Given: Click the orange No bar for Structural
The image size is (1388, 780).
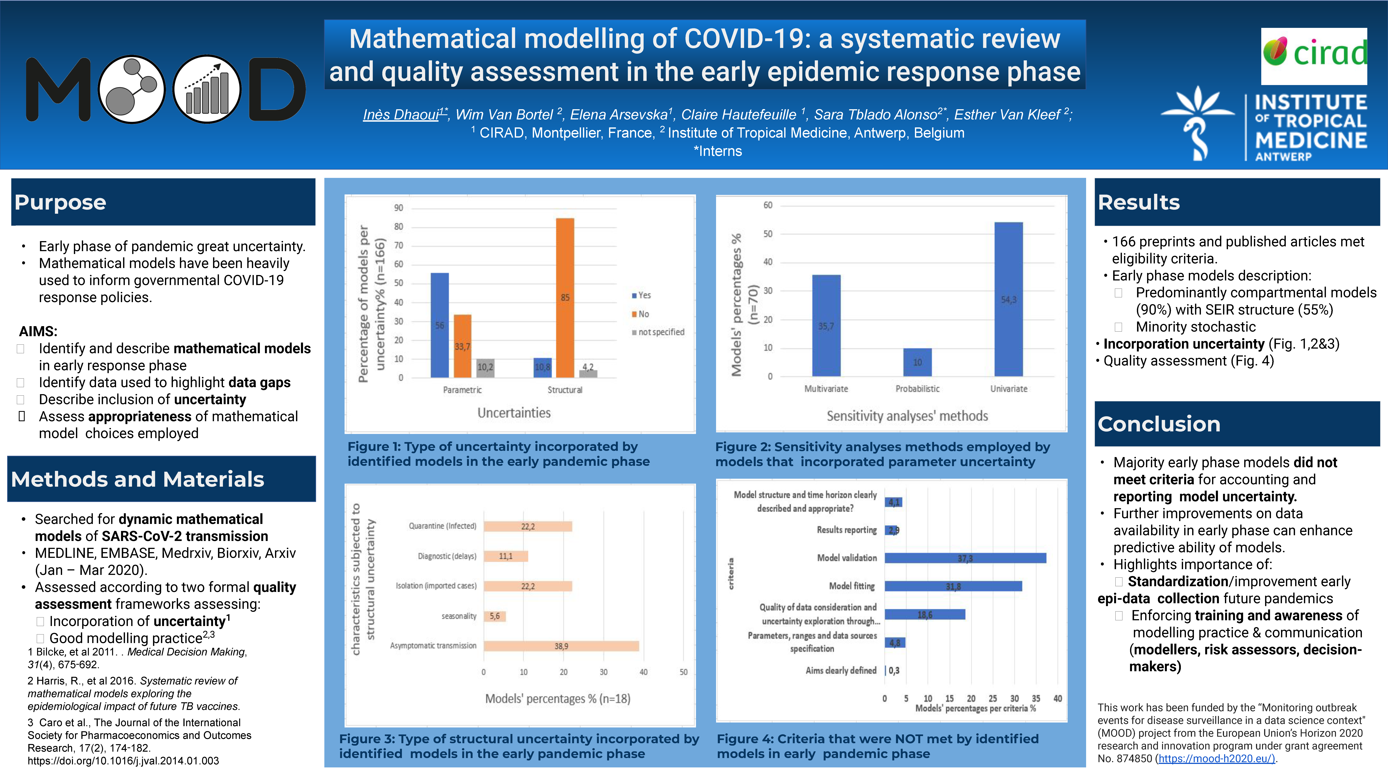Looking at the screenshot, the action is click(565, 297).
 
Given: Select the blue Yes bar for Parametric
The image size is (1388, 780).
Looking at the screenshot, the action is click(440, 325).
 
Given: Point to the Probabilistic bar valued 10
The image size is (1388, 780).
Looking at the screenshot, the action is click(917, 362).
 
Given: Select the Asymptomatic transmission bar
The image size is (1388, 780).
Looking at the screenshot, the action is click(561, 646).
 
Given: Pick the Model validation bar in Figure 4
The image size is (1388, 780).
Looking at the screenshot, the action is click(965, 558).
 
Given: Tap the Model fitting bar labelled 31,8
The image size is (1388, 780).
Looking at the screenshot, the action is click(953, 586).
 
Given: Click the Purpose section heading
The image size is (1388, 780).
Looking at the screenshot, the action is click(60, 202).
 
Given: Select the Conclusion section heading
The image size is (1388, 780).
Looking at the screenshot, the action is click(1159, 424).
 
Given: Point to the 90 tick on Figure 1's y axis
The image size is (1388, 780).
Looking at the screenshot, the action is click(398, 208).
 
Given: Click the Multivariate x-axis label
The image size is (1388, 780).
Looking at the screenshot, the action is click(826, 389).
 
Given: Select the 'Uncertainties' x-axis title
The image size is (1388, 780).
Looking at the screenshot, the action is click(514, 413).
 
